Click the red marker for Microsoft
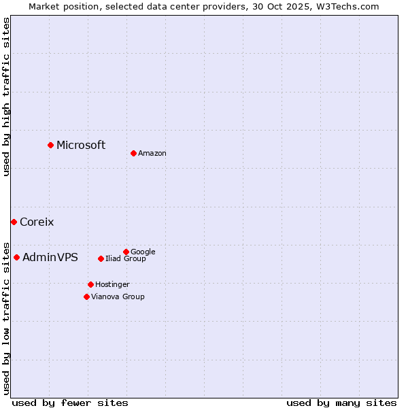(50, 145)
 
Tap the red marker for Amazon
(133, 153)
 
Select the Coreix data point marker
(14, 222)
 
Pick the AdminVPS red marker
(16, 257)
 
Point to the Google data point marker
(126, 252)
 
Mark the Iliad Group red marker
(101, 258)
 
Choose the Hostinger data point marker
(90, 284)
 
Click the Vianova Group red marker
(86, 296)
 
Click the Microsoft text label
(81, 145)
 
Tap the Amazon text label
(152, 154)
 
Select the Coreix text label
(37, 222)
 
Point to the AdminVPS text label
(50, 257)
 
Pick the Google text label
(143, 252)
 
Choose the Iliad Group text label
(126, 258)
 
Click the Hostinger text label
(112, 284)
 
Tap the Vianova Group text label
(118, 296)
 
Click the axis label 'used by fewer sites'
(70, 403)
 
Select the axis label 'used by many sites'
(341, 403)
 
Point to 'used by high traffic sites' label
(7, 97)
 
